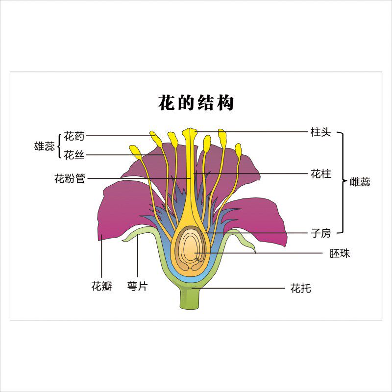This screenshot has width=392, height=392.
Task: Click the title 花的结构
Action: coord(196,103)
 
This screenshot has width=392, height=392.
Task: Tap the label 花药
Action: coord(74,136)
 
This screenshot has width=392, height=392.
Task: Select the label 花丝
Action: coord(74,155)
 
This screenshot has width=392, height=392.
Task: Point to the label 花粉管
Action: coord(70,179)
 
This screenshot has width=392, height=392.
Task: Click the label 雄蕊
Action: coord(44,146)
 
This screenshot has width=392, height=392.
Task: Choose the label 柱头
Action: coord(321,132)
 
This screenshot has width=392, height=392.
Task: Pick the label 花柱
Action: coord(321,173)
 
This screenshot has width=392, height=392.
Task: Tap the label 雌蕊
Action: coord(360,182)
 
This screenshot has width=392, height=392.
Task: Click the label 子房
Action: coord(321,233)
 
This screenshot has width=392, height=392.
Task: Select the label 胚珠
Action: coord(340,254)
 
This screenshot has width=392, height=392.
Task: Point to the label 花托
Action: coord(300,289)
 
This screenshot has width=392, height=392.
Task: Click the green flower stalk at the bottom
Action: coord(190,298)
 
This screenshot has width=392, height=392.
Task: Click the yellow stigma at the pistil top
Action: coord(189,132)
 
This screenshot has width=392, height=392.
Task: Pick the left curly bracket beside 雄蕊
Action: coord(60,146)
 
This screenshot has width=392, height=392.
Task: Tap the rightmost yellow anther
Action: coord(239,149)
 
